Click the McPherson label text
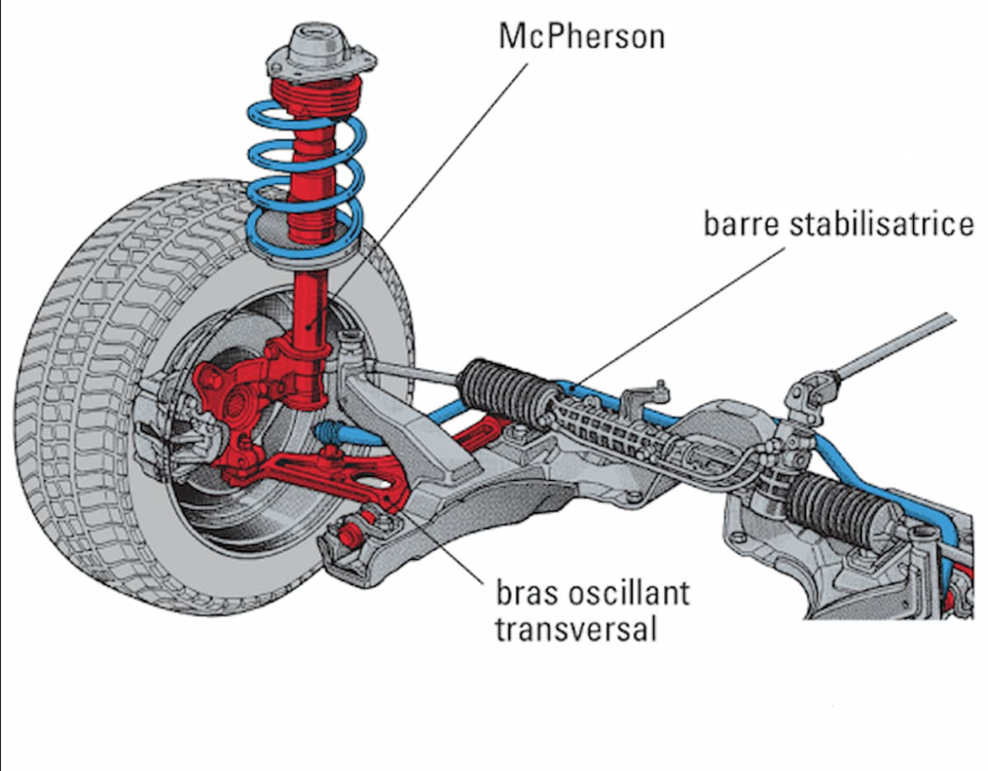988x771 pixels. click(x=582, y=36)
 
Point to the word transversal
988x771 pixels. click(x=576, y=628)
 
